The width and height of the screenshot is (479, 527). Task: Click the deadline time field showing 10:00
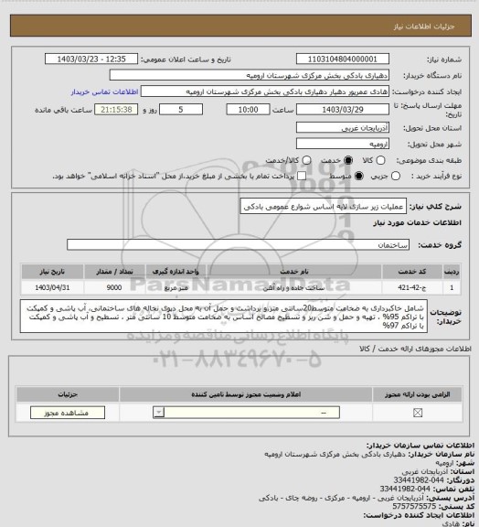point(246,109)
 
